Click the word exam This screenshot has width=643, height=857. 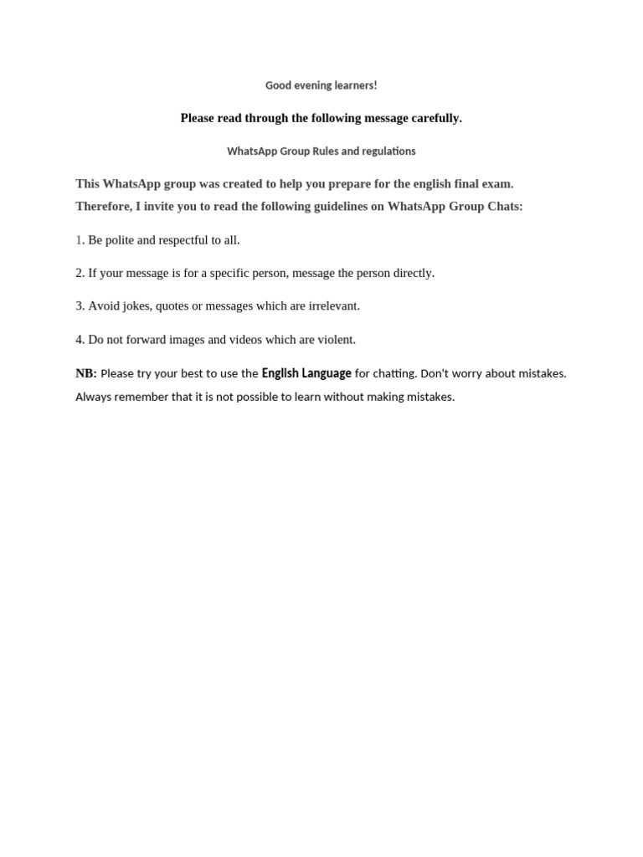(x=497, y=183)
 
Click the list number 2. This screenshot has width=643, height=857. (x=80, y=273)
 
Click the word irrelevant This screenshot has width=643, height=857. (x=334, y=306)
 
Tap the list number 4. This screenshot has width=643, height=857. (x=80, y=340)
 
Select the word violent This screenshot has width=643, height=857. (x=335, y=340)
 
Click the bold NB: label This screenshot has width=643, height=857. (x=86, y=373)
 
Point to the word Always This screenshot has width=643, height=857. (x=93, y=397)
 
